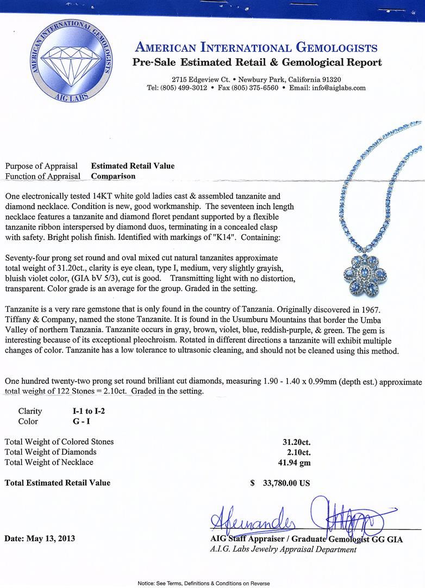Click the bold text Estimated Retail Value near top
[133, 166]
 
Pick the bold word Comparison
[113, 176]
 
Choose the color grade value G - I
[74, 421]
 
